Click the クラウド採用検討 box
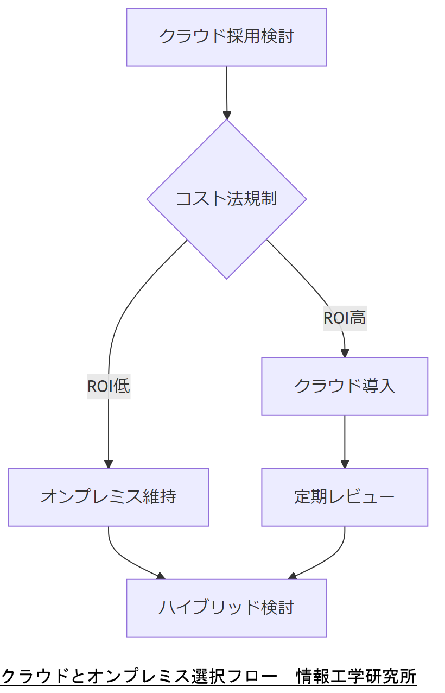pyautogui.click(x=226, y=37)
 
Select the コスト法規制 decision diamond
pyautogui.click(x=226, y=199)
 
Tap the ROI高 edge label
pyautogui.click(x=345, y=318)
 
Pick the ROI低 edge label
pyautogui.click(x=109, y=386)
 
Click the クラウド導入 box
pyautogui.click(x=345, y=386)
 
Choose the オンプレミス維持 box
pyautogui.click(x=109, y=497)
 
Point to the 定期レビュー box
pyautogui.click(x=345, y=497)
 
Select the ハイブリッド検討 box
pyautogui.click(x=226, y=607)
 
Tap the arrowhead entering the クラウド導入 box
pyautogui.click(x=345, y=354)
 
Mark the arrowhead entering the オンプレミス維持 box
pyautogui.click(x=109, y=464)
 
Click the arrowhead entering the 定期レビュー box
pyautogui.click(x=345, y=464)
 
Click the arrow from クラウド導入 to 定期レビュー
pyautogui.click(x=345, y=440)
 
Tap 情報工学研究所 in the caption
pyautogui.click(x=356, y=677)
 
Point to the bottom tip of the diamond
pyautogui.click(x=227, y=278)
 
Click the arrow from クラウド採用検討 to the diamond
pyautogui.click(x=226, y=90)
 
